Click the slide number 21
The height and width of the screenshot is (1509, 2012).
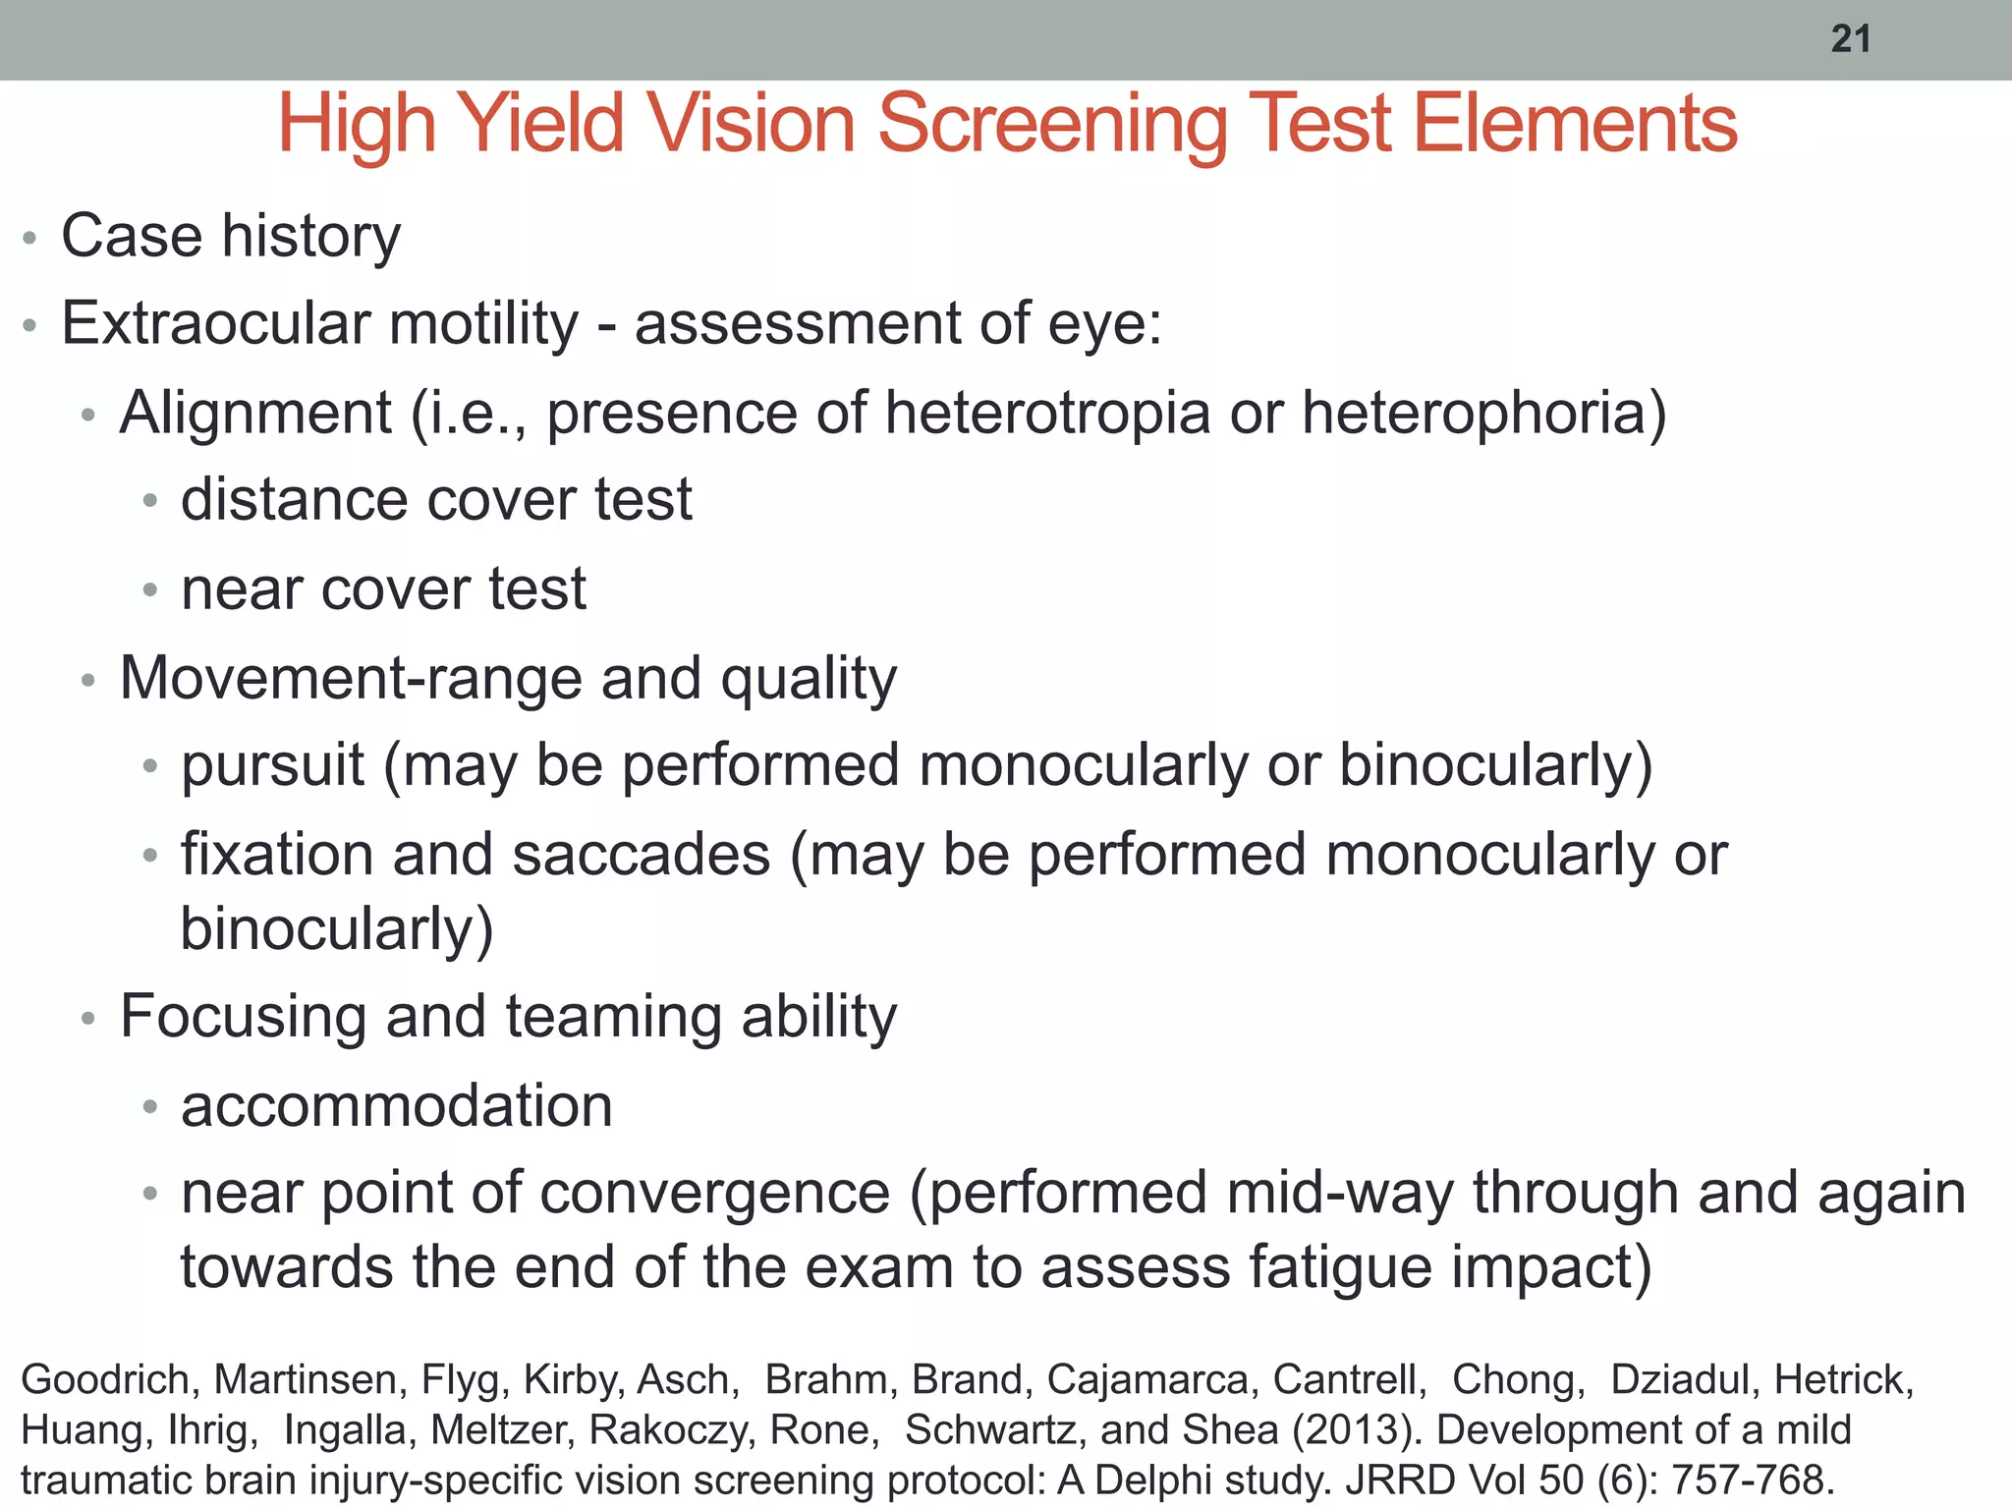click(1851, 39)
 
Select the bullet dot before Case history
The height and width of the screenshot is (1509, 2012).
click(29, 238)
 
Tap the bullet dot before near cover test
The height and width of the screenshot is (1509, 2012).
click(149, 590)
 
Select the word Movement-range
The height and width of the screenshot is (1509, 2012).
click(350, 678)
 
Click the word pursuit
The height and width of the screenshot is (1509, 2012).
click(272, 766)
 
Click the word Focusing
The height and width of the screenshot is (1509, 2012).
click(243, 1016)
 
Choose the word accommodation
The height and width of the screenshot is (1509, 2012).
click(397, 1105)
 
